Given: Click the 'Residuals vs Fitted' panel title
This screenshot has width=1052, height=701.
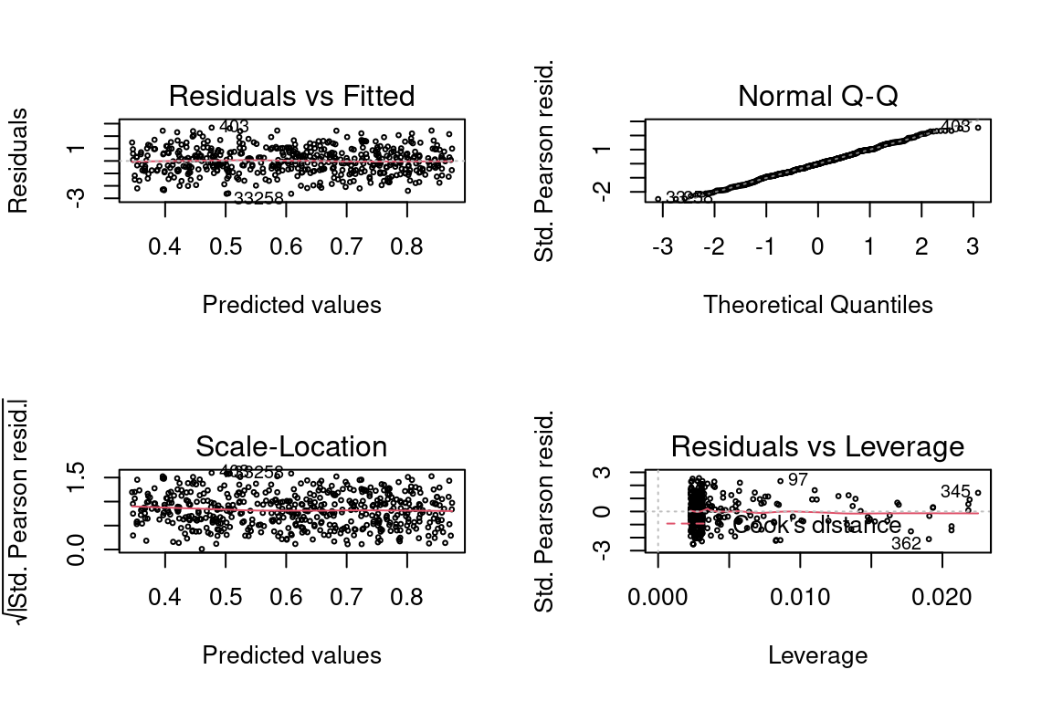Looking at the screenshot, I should [291, 96].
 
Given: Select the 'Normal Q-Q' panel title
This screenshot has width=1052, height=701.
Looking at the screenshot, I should [817, 96].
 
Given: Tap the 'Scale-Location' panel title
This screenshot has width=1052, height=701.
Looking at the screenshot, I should [291, 446].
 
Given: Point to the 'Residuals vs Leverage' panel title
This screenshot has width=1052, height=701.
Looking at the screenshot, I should [817, 446].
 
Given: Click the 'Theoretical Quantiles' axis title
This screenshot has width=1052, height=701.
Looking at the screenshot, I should [817, 305].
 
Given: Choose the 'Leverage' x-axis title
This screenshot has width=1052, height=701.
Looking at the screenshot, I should [817, 655].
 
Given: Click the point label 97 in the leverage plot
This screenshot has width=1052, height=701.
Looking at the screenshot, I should [798, 480].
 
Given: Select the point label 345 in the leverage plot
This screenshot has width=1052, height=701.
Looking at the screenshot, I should [955, 492].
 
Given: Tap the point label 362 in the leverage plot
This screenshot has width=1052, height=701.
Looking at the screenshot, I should [906, 544].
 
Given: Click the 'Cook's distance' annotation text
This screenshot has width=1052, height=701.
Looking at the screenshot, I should [817, 526].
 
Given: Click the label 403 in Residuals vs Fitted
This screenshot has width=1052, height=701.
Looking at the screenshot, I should [234, 127].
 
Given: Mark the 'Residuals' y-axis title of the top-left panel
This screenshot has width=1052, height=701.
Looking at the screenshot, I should [18, 161].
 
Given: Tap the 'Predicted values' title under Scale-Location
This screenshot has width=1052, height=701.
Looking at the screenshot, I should [291, 655].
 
